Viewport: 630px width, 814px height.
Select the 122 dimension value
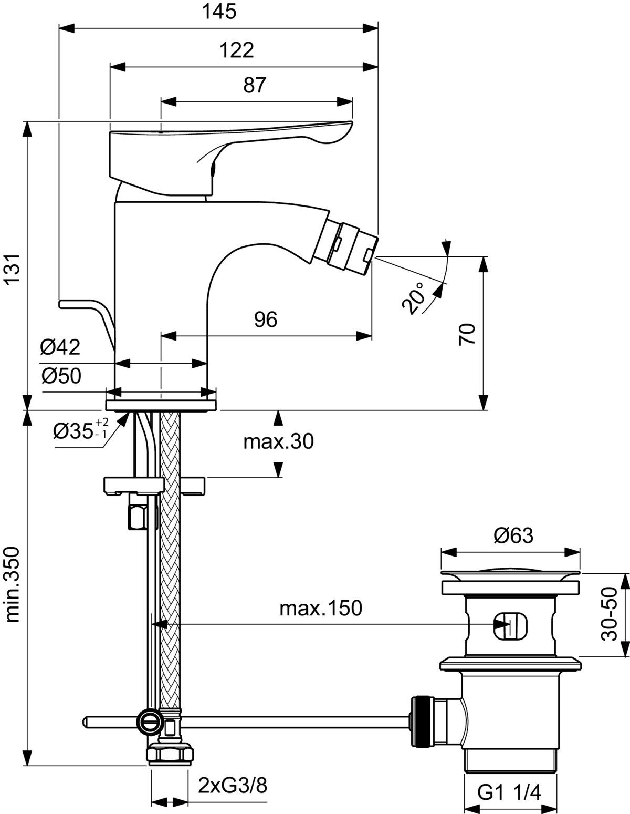(236, 50)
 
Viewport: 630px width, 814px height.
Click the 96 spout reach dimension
(266, 320)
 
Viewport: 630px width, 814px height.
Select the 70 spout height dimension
(467, 334)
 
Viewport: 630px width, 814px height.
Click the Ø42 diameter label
(60, 347)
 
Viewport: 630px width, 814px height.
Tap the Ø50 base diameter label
(61, 376)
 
